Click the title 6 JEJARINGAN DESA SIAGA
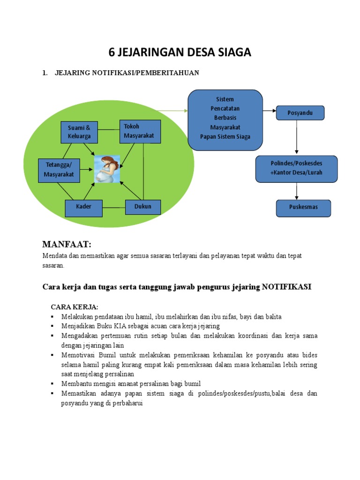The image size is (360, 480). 180,53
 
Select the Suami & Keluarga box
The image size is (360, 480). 79,132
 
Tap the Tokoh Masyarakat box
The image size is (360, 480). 140,131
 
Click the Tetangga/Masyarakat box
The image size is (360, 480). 59,170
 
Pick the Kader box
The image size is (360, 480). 83,207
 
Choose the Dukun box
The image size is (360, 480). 143,207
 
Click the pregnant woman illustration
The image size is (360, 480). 107,169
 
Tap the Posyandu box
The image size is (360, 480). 300,113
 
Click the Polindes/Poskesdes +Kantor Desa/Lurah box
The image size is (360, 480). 296,168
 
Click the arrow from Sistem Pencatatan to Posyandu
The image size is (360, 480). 269,111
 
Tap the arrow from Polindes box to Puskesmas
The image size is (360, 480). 297,191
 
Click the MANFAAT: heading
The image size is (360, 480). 67,244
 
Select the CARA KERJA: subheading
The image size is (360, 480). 75,307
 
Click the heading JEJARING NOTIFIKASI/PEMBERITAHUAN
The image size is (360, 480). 127,73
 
